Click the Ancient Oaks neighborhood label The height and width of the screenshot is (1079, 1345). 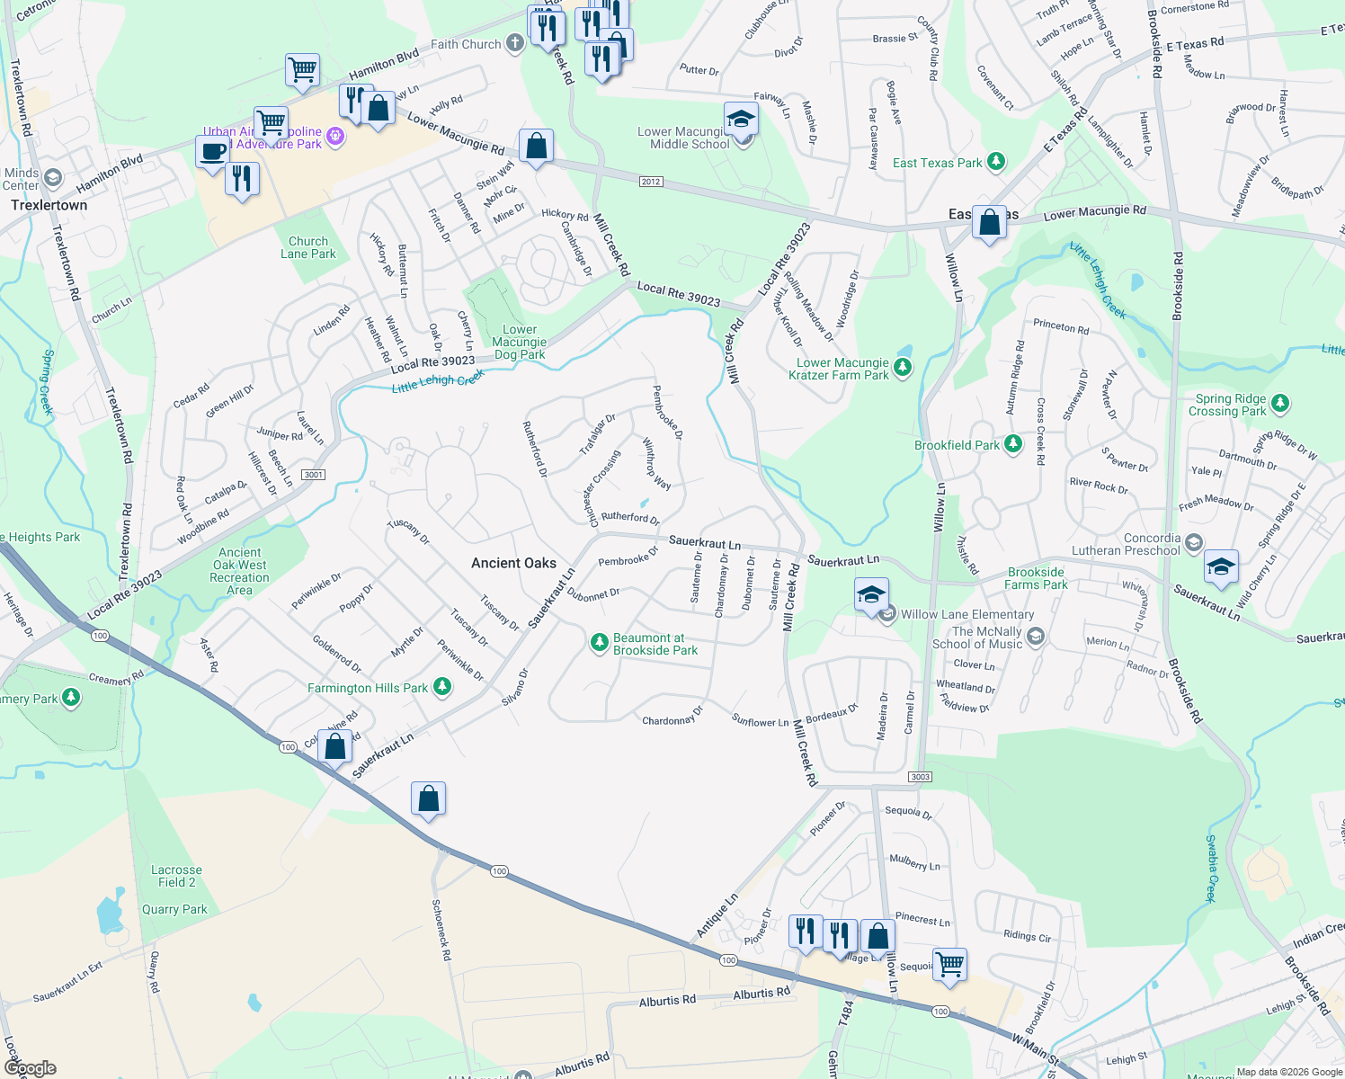click(x=513, y=563)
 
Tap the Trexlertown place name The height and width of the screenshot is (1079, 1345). click(x=49, y=205)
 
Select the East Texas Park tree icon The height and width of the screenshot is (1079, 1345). click(x=995, y=162)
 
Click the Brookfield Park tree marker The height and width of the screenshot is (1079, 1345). click(x=1013, y=444)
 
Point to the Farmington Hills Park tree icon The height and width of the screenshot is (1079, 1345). click(x=441, y=687)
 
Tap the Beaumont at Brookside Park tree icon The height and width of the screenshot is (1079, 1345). click(x=599, y=643)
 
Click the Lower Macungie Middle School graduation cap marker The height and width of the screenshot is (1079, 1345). click(x=741, y=120)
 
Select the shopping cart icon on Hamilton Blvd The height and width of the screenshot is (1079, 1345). click(x=303, y=69)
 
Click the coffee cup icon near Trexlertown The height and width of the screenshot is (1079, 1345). click(x=213, y=151)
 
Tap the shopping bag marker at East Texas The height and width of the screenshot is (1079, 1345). click(x=989, y=222)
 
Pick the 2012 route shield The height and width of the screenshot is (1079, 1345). click(x=651, y=182)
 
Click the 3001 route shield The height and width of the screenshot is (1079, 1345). click(x=313, y=475)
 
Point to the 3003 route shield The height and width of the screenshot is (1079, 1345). click(x=920, y=777)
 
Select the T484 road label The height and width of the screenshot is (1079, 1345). click(x=845, y=1012)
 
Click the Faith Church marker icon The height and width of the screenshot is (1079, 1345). click(x=514, y=43)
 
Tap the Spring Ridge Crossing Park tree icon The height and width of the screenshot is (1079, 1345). click(x=1280, y=404)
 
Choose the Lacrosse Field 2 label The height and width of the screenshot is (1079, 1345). click(x=176, y=876)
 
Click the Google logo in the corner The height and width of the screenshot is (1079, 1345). click(x=30, y=1068)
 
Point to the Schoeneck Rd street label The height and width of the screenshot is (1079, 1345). click(x=441, y=930)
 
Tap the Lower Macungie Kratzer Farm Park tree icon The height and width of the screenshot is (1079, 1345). click(x=903, y=368)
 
